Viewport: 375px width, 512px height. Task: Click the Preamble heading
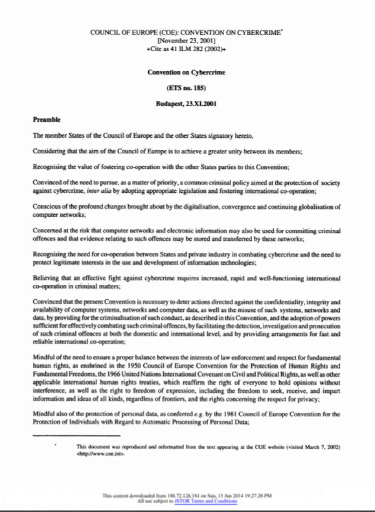point(47,119)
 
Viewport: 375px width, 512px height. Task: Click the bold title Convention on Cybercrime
point(186,72)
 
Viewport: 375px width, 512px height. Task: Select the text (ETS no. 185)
point(186,88)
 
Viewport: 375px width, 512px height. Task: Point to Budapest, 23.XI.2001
point(186,104)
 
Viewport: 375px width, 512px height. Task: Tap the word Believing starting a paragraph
point(44,278)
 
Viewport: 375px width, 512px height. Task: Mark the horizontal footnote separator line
point(76,435)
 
